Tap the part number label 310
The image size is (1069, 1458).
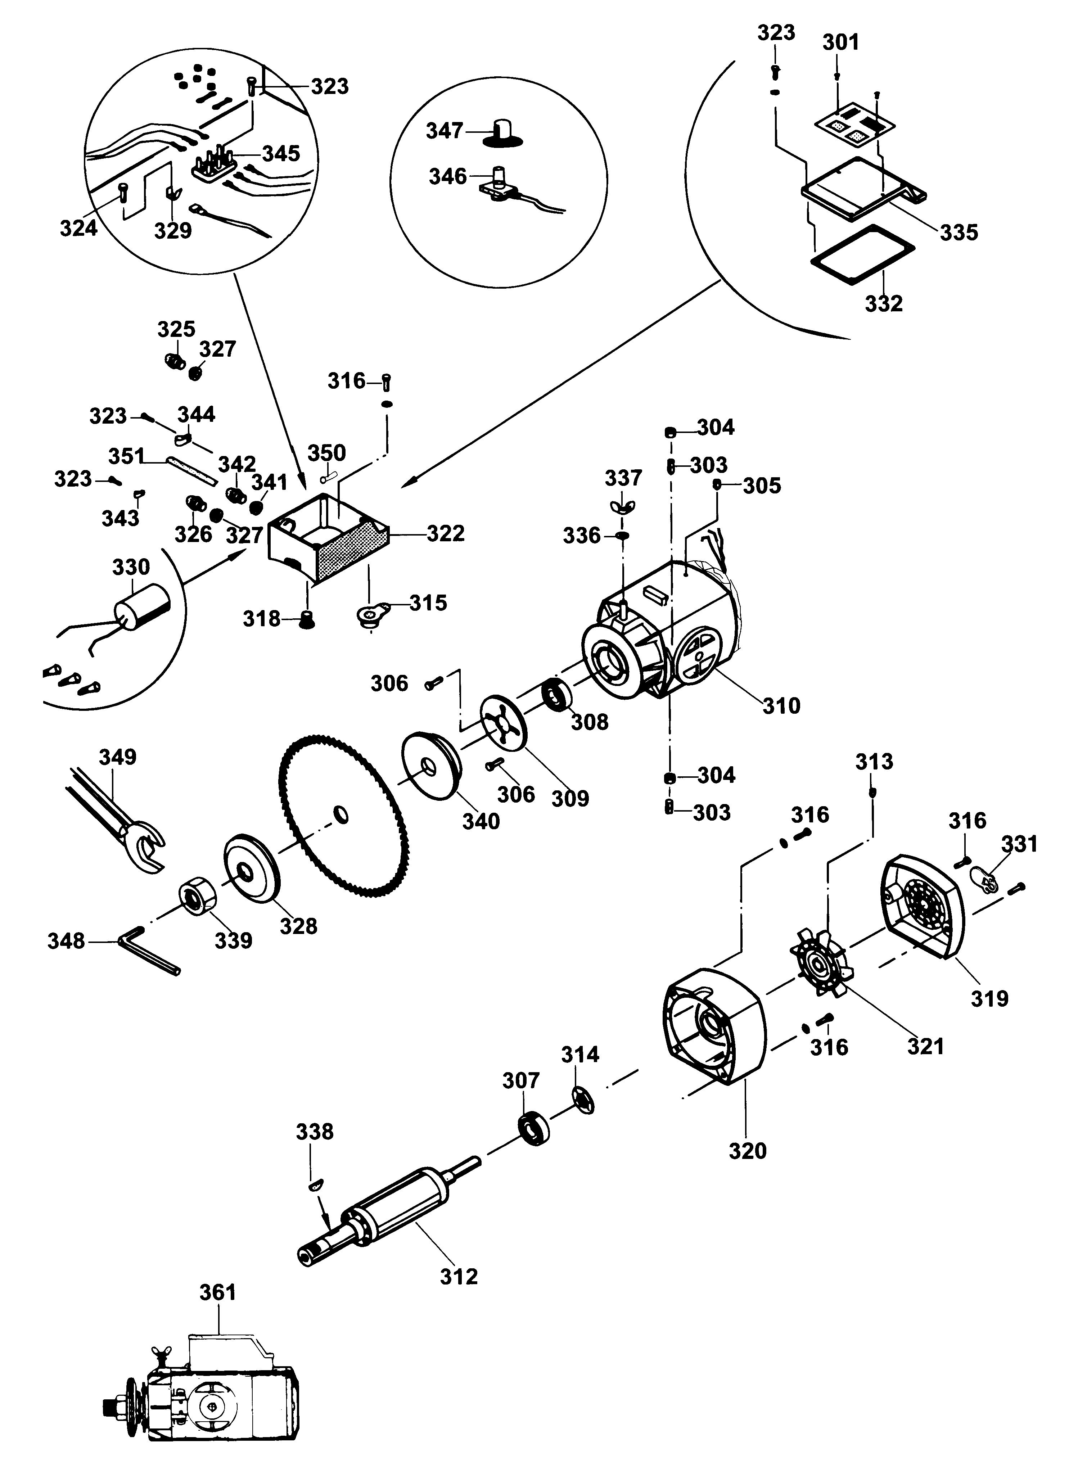(781, 705)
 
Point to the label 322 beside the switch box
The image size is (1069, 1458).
(446, 533)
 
